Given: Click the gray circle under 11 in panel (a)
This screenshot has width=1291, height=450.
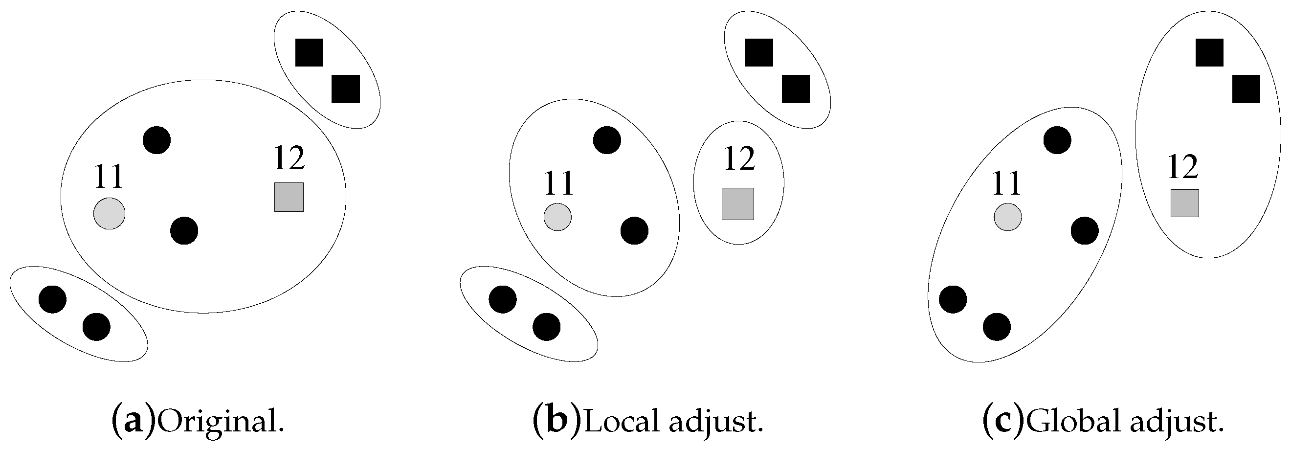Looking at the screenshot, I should pos(109,213).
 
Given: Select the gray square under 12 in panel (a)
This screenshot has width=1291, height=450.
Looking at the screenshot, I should pos(289,197).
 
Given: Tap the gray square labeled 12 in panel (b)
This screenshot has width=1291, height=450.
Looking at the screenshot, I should pos(738,204).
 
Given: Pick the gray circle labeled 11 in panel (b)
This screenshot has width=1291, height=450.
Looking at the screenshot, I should pos(558,217).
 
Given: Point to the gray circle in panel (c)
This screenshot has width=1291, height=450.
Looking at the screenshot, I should pos(1008,217).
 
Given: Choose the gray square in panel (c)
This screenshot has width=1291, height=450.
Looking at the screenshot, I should pos(1185,203).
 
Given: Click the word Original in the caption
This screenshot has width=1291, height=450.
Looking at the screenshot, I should pos(221,423).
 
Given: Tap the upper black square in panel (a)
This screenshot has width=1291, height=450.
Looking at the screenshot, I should pos(309,52).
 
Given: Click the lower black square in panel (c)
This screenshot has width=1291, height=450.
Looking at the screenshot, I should pos(1246,89).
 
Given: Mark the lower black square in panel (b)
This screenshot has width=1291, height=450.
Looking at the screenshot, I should pos(796,89).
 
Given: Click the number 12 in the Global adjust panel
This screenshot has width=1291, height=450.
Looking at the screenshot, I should pos(1183,167).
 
